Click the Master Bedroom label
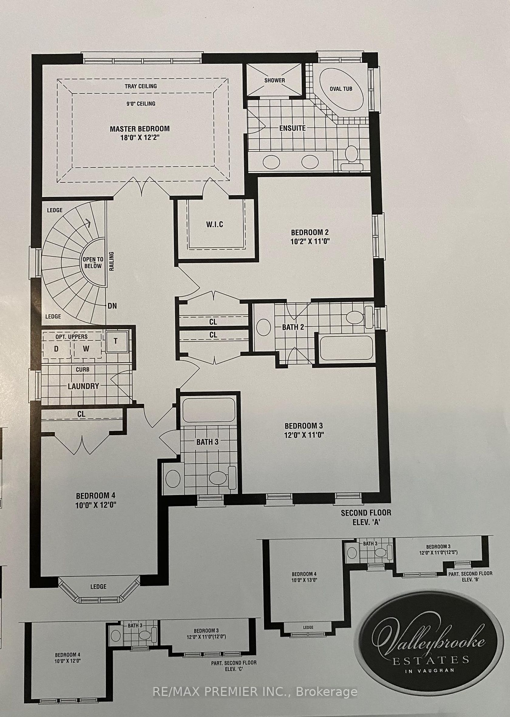tap(140, 129)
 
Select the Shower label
tap(274, 80)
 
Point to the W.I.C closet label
tap(215, 224)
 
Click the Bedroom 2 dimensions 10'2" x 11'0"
tap(310, 241)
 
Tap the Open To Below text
tap(93, 262)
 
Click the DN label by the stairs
tap(112, 306)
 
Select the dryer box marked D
tap(56, 349)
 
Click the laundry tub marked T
tap(116, 341)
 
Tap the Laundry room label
tap(83, 386)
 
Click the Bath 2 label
tap(293, 327)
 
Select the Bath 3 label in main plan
tap(207, 442)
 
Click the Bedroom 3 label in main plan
tap(304, 426)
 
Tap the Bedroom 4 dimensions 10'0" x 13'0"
tap(304, 580)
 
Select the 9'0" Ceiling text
tap(141, 103)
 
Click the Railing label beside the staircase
tap(111, 261)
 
